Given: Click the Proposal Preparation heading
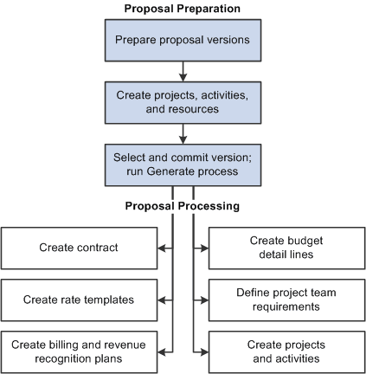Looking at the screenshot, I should [x=182, y=8].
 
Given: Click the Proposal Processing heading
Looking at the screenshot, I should [x=182, y=207].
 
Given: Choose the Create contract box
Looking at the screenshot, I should [x=78, y=248].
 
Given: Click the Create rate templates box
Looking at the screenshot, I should [x=78, y=300].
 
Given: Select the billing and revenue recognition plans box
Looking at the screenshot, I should [x=78, y=351].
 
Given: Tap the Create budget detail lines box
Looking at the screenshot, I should [x=285, y=248].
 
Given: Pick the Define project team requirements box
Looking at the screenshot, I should [x=285, y=300].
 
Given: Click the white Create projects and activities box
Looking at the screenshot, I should [x=285, y=351].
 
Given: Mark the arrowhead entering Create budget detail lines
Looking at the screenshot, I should [x=204, y=248].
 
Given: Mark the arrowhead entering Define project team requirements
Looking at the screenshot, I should [x=204, y=300].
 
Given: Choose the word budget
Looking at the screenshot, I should [x=302, y=241].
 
